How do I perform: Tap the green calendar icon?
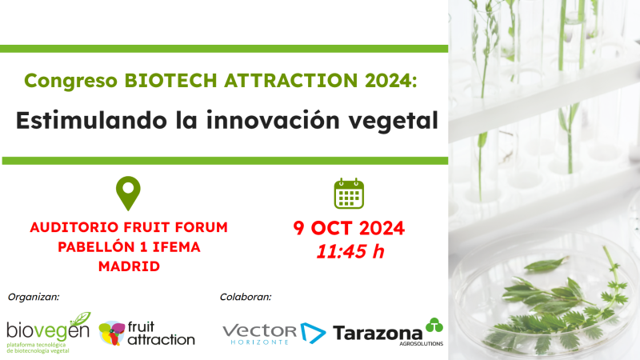tap(349, 194)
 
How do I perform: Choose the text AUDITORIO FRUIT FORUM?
tap(129, 227)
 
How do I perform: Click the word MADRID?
tap(129, 266)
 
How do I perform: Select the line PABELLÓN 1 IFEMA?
tap(129, 246)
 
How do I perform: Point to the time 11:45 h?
tap(350, 251)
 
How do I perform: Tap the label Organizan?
tap(34, 297)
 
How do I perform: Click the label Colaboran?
tap(246, 297)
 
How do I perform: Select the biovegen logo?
tap(48, 332)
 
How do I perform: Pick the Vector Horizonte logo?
tap(271, 333)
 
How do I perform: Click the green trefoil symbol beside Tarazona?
tap(433, 325)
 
